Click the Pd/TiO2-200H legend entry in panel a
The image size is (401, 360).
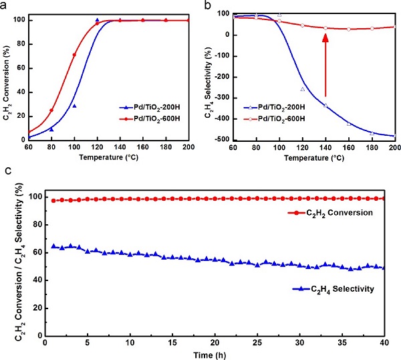pyautogui.click(x=156, y=107)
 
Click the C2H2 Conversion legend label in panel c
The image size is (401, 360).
pyautogui.click(x=327, y=211)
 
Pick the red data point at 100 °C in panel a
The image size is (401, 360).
pyautogui.click(x=74, y=55)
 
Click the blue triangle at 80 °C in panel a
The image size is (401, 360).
pyautogui.click(x=51, y=129)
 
